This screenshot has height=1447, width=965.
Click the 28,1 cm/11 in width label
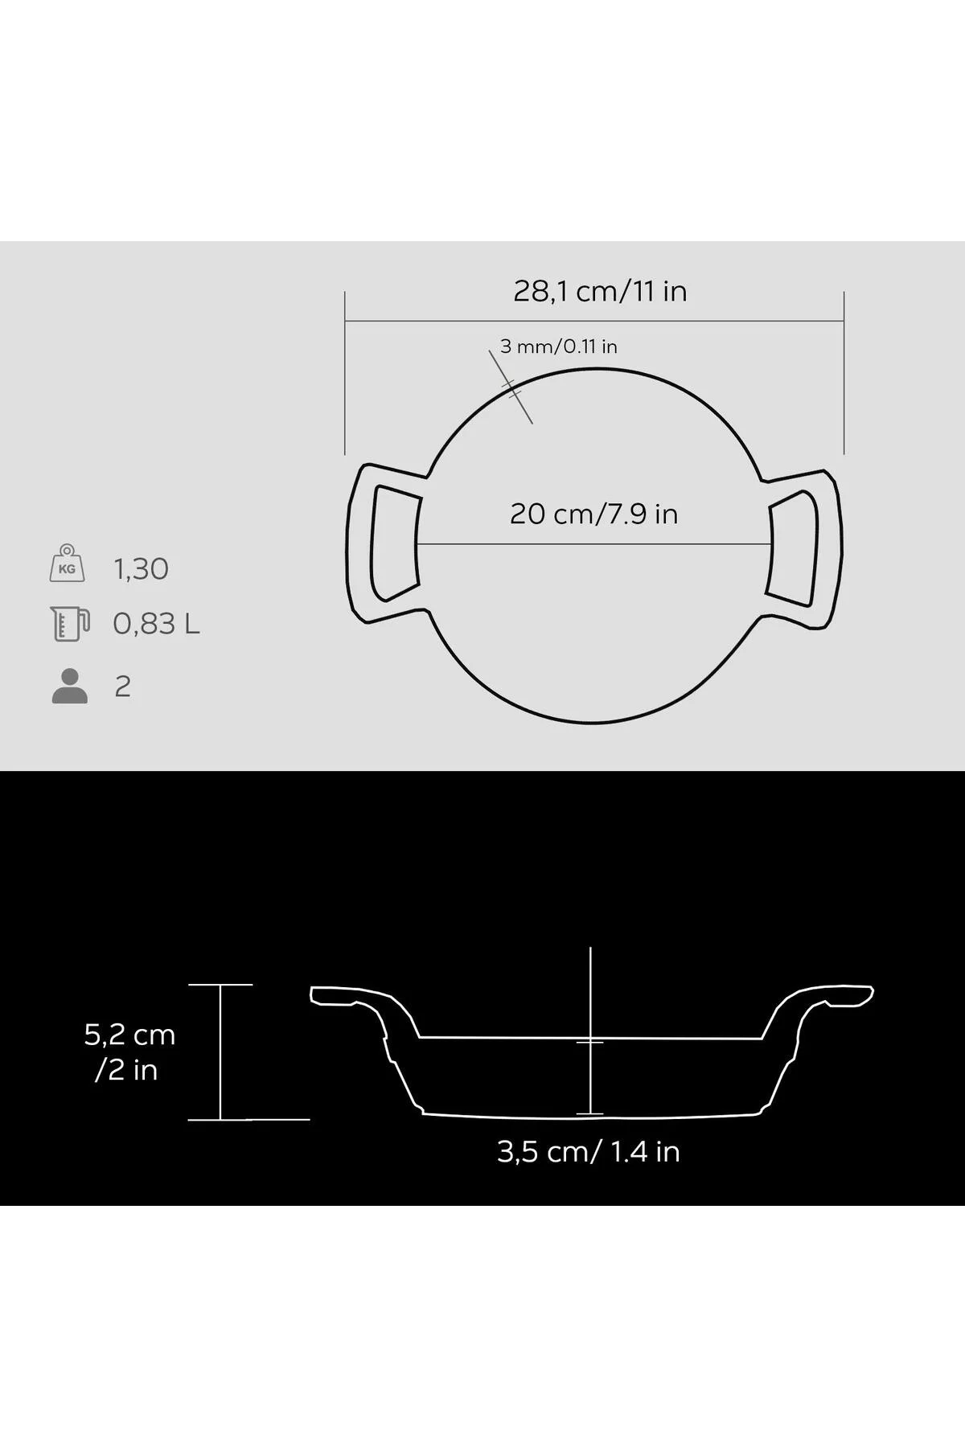[x=600, y=291]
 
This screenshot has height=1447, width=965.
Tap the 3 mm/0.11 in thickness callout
[x=559, y=346]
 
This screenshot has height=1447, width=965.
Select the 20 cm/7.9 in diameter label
[x=594, y=514]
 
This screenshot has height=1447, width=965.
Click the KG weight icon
[x=68, y=563]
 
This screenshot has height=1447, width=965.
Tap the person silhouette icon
[x=70, y=687]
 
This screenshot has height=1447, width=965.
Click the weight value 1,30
[x=142, y=569]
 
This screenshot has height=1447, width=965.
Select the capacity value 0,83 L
[x=156, y=624]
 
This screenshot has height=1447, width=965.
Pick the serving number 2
[x=122, y=687]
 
